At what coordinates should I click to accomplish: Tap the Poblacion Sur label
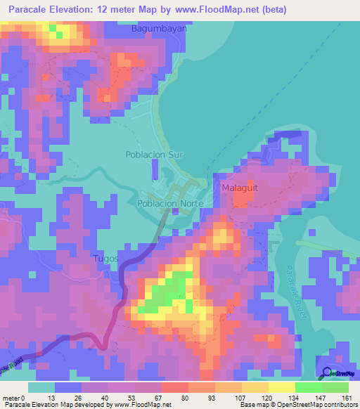point(155,154)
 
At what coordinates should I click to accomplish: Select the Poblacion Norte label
point(171,203)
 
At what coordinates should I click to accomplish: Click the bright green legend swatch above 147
point(308,387)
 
